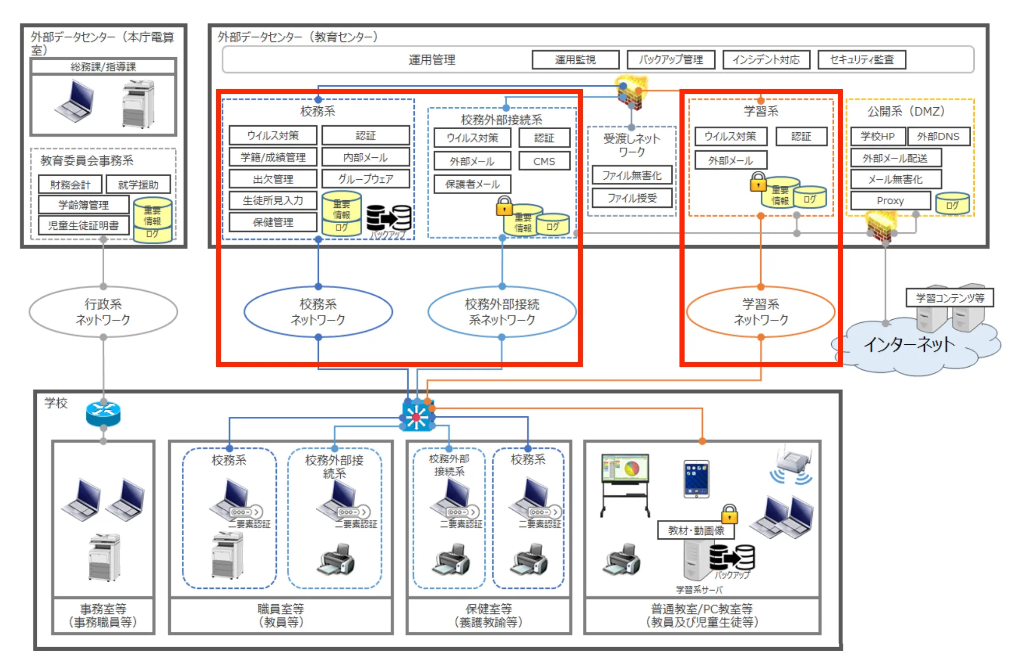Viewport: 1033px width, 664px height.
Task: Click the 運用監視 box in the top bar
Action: click(575, 60)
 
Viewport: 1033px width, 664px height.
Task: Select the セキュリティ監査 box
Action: click(862, 60)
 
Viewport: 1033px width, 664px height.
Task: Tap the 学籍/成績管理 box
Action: click(273, 157)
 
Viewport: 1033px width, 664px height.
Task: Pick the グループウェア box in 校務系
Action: click(366, 179)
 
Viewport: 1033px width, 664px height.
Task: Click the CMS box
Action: click(544, 161)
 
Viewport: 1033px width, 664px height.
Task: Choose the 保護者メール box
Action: click(472, 184)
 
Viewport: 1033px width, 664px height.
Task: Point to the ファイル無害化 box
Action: click(632, 175)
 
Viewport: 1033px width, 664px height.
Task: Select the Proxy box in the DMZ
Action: click(890, 201)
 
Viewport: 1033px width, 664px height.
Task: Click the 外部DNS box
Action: click(938, 136)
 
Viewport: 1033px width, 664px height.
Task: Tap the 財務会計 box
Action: click(70, 184)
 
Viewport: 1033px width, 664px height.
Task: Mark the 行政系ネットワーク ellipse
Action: click(103, 312)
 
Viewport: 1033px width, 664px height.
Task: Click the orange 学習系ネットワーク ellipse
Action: click(761, 312)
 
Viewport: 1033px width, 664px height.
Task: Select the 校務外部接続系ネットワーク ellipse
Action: click(502, 312)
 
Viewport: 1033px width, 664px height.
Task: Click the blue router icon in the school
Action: click(103, 414)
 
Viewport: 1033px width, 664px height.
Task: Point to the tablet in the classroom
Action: click(696, 479)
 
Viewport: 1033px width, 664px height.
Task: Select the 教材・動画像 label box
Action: click(696, 531)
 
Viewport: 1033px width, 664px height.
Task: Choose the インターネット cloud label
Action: click(909, 345)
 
